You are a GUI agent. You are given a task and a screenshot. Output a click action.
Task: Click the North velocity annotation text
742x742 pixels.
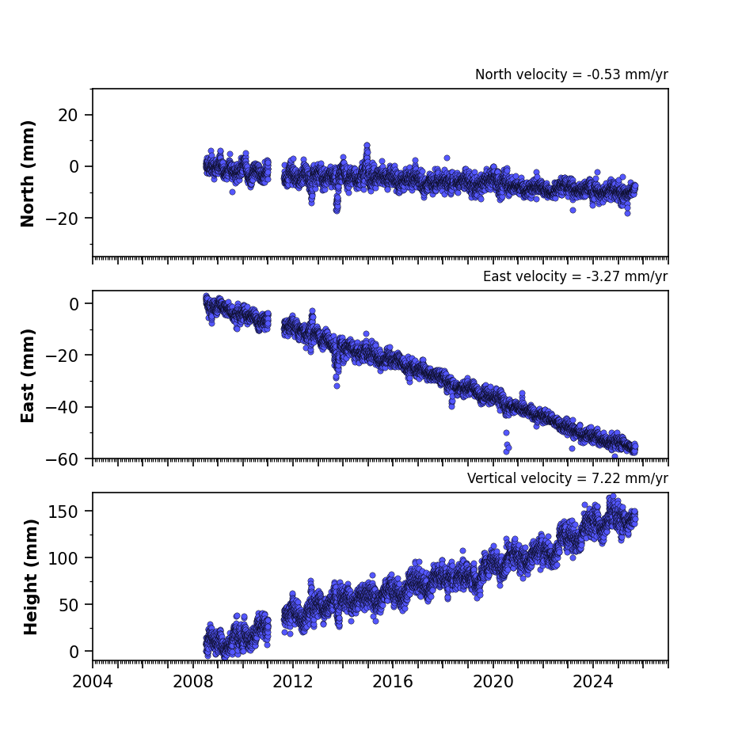pos(572,74)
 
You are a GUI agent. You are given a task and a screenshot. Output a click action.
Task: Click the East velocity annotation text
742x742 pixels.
pos(576,276)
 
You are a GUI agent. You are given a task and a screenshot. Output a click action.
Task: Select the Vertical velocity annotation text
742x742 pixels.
pos(567,478)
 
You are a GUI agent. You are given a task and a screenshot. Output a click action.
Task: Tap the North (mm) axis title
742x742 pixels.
pos(28,173)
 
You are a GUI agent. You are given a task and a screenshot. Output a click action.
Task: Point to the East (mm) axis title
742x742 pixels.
pos(28,375)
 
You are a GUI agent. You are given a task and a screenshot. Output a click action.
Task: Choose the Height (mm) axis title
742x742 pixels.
pos(30,577)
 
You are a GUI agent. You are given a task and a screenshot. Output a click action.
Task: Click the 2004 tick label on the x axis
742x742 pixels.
pos(93,682)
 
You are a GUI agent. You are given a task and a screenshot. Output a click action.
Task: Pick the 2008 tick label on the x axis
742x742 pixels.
pos(193,682)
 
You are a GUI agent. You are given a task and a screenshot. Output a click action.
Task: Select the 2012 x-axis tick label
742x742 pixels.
pos(293,682)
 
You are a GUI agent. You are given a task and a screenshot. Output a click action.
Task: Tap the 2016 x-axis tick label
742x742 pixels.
pos(393,682)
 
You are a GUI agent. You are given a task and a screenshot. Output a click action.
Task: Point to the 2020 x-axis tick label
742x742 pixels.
pos(493,682)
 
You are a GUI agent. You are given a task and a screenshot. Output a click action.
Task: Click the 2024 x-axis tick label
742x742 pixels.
pos(593,682)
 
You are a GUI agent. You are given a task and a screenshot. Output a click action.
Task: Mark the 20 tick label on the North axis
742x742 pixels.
pos(68,115)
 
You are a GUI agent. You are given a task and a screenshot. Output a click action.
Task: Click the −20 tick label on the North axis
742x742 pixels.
pos(62,218)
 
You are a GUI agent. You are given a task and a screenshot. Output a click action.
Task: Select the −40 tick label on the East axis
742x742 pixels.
pos(62,407)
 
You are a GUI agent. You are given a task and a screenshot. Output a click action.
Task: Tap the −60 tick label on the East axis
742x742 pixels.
pos(62,459)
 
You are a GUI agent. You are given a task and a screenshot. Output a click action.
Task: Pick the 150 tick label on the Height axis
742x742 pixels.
pos(63,512)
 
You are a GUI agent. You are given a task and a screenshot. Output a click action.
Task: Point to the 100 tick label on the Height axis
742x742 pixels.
pos(63,558)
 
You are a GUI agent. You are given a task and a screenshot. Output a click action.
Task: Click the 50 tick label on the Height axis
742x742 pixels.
pos(69,605)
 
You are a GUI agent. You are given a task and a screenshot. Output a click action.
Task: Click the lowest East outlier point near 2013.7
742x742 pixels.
pos(337,386)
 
